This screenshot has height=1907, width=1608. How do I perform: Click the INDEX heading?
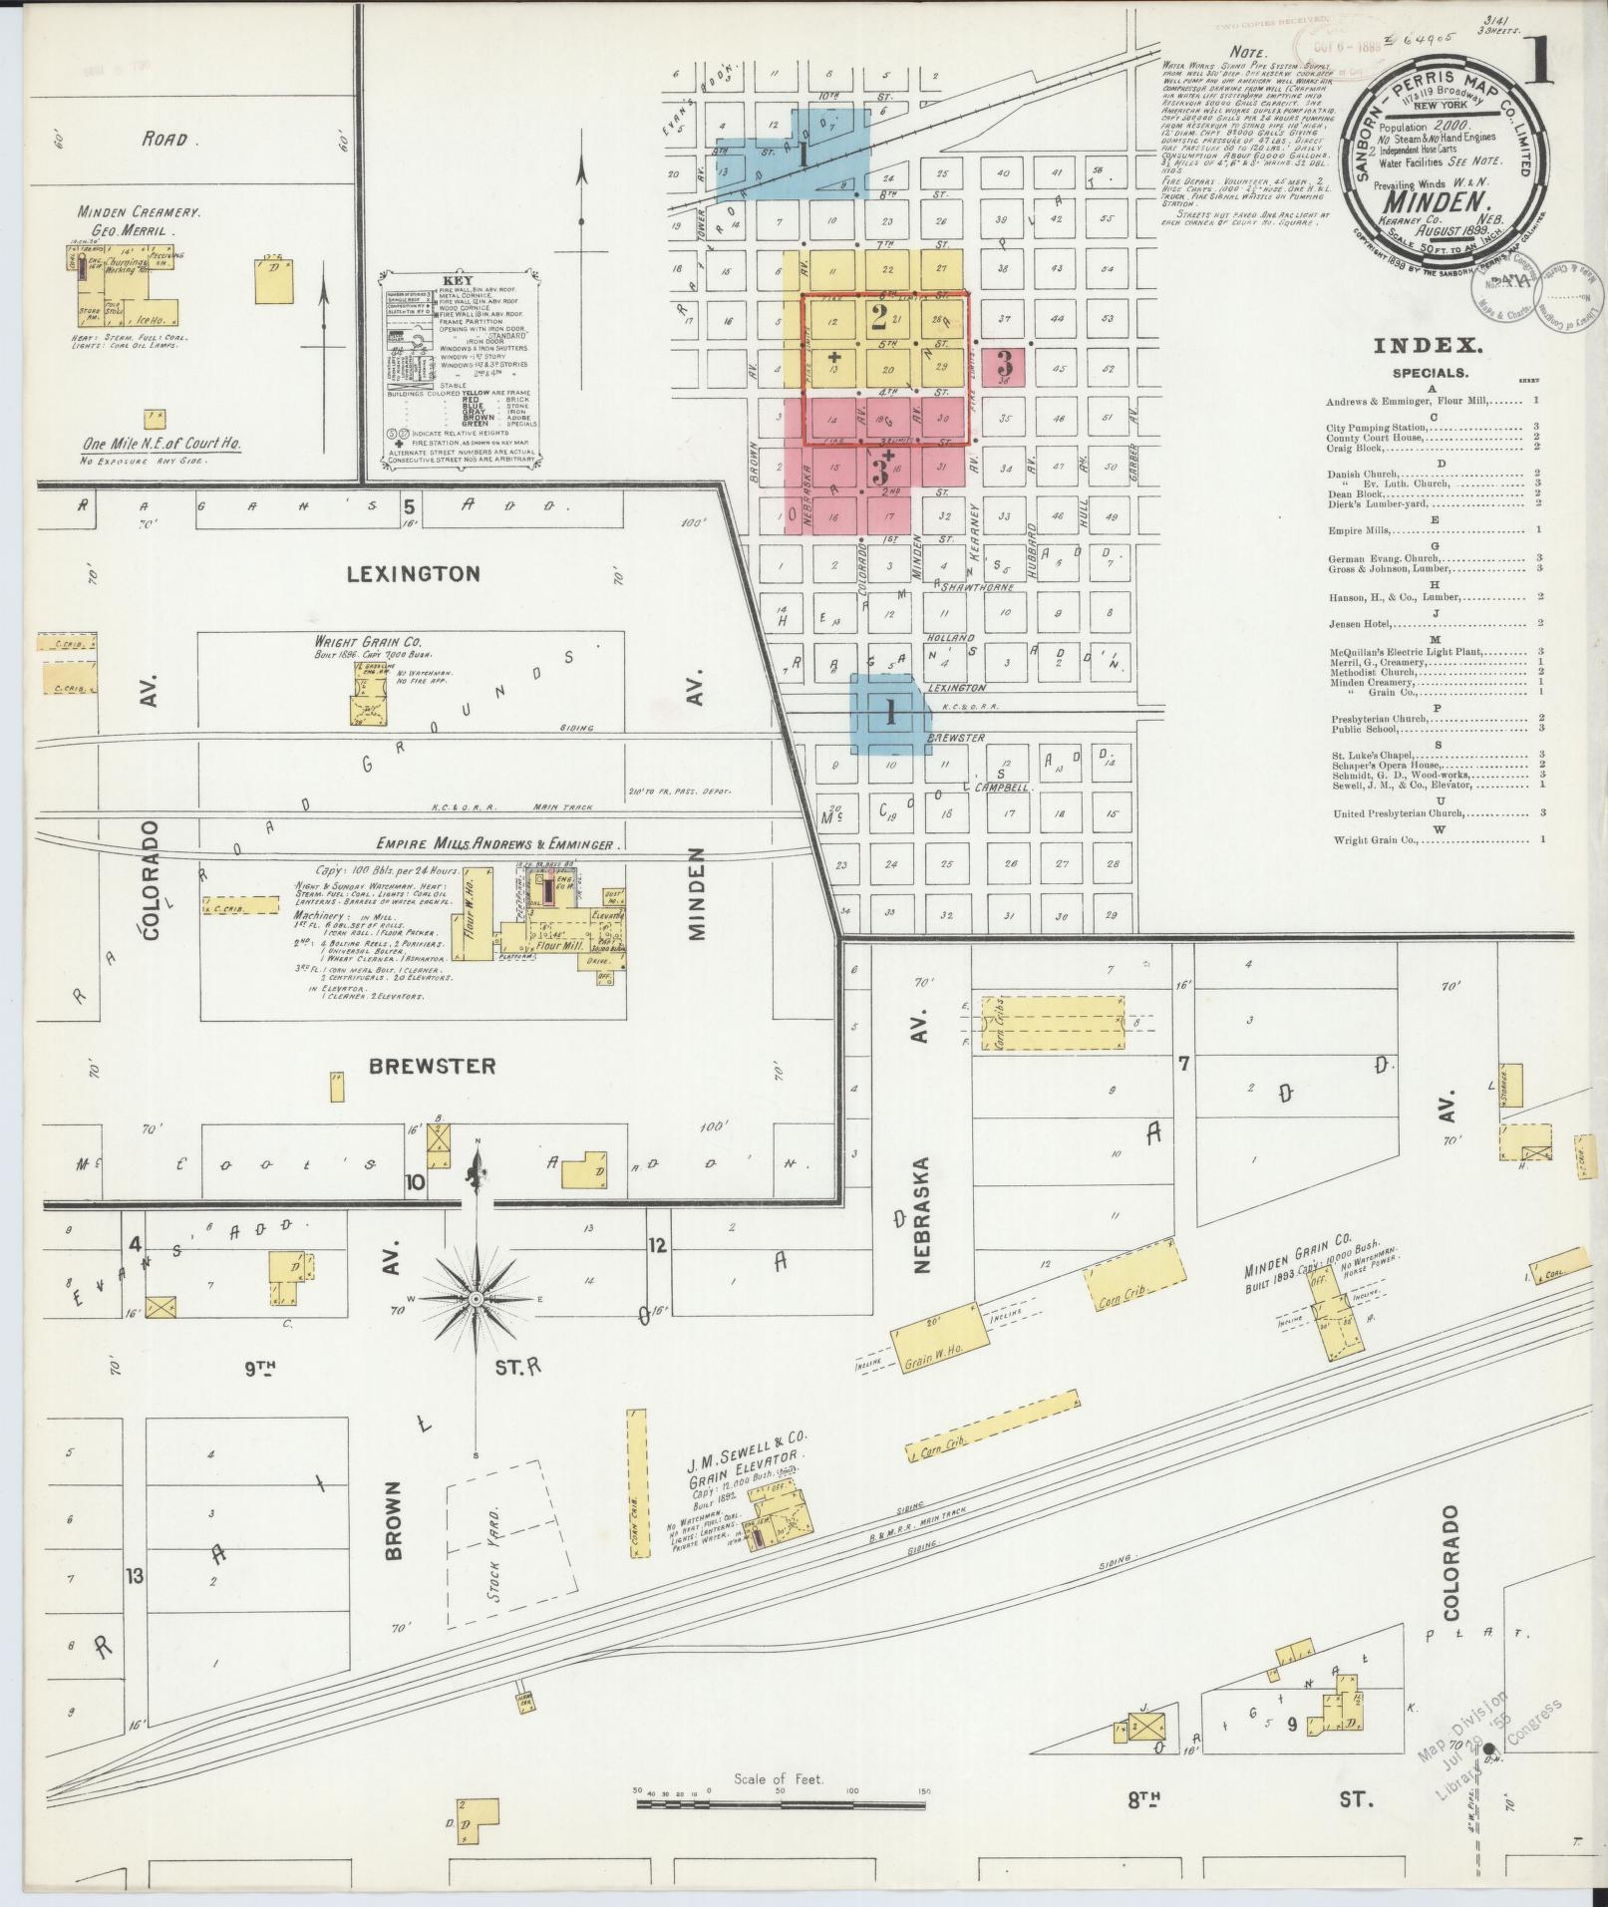click(x=1428, y=346)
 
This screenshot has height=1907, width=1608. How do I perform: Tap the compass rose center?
click(x=477, y=1300)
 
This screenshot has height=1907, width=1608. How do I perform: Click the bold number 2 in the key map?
click(x=878, y=318)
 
